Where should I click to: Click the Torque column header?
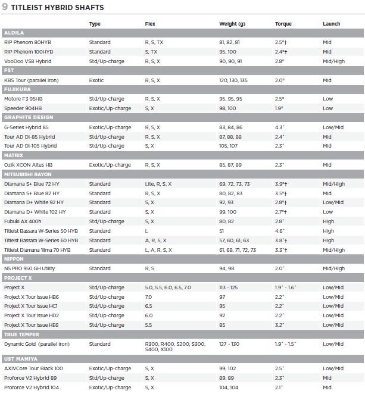(x=283, y=24)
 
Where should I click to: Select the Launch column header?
(x=332, y=24)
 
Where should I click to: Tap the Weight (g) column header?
(x=232, y=24)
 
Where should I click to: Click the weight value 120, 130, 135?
(x=233, y=80)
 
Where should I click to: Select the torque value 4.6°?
(x=280, y=231)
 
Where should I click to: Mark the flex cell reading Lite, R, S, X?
(x=158, y=184)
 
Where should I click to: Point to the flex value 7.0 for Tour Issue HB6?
(x=148, y=297)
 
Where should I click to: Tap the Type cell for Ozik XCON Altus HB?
(x=110, y=165)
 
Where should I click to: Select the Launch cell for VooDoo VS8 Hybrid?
(x=333, y=61)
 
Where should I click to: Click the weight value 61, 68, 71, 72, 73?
(x=238, y=250)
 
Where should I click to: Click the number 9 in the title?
(x=5, y=7)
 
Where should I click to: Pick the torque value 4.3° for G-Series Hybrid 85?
(x=280, y=127)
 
